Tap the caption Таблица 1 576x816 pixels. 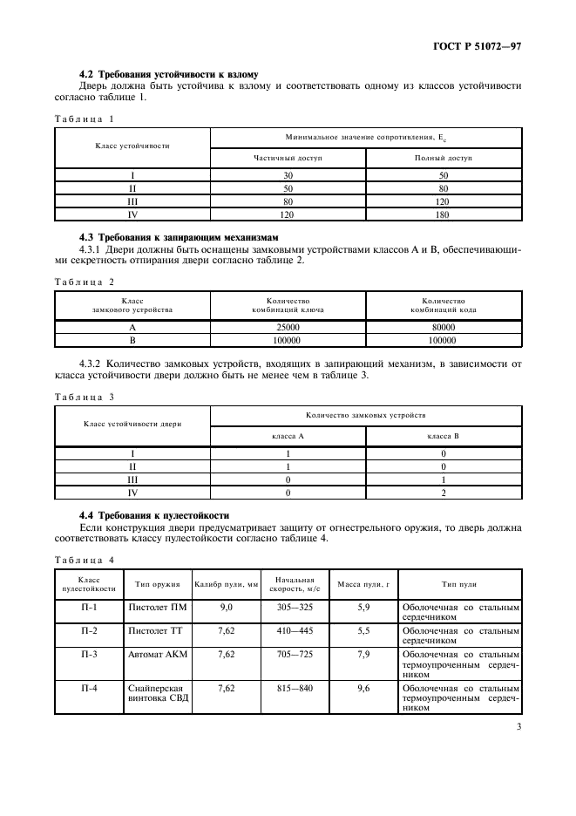tap(85, 118)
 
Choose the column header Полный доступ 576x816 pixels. tap(444, 159)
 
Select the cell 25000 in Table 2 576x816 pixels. tap(288, 327)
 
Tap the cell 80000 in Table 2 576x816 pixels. tap(444, 327)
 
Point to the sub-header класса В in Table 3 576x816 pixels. tap(444, 434)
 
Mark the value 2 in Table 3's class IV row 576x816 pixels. tap(444, 493)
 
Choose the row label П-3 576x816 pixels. tap(89, 652)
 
